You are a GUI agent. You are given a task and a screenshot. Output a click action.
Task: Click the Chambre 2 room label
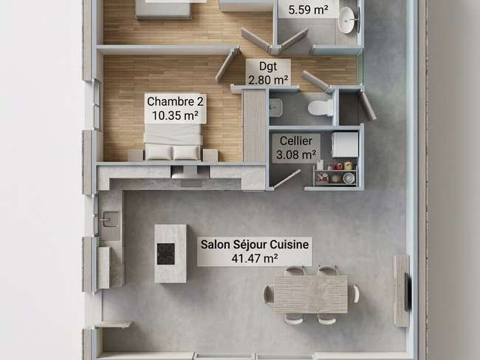click(x=175, y=109)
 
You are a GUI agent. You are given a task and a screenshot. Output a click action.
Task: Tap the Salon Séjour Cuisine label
click(x=255, y=251)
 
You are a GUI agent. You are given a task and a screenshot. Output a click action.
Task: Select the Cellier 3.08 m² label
click(x=296, y=148)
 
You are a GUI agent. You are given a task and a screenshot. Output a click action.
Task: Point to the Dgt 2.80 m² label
click(x=268, y=72)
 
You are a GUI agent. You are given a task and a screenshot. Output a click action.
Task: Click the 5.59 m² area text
click(x=308, y=9)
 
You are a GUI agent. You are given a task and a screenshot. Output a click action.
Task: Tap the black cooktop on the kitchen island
click(x=166, y=254)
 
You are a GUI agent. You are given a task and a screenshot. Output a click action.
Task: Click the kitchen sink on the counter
click(x=109, y=219)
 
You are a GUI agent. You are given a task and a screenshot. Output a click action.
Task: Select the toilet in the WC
click(x=320, y=107)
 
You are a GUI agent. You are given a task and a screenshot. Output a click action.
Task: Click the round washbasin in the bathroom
click(x=348, y=20)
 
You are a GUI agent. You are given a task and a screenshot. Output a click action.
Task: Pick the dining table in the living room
click(x=311, y=294)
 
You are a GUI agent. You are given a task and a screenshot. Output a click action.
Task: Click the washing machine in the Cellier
click(x=345, y=144)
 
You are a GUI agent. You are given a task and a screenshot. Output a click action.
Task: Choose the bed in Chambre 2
click(x=172, y=142)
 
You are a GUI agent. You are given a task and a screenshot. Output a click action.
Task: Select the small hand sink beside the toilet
click(x=276, y=107)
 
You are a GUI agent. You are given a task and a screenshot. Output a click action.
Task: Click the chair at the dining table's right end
click(x=355, y=293)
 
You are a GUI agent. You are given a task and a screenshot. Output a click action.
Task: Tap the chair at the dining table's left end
click(x=268, y=293)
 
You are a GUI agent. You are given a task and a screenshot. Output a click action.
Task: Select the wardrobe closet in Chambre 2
click(x=254, y=126)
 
